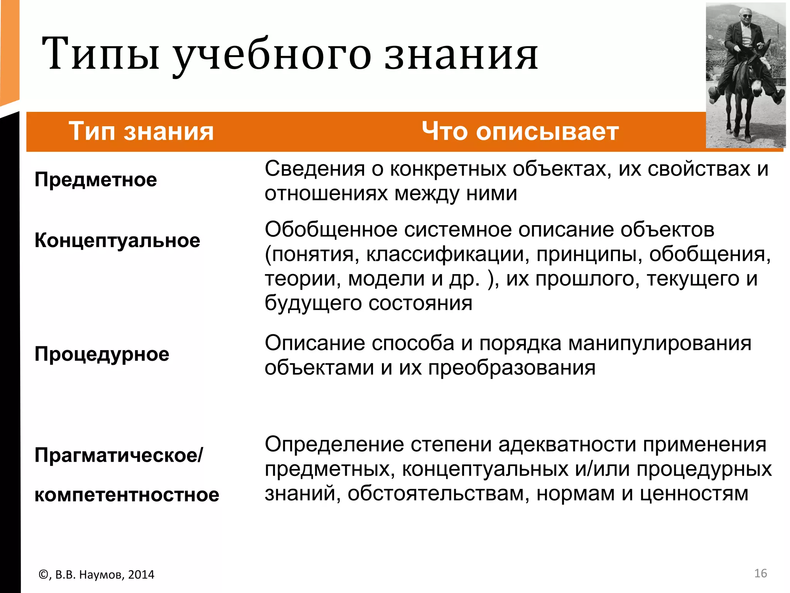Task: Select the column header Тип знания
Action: [141, 131]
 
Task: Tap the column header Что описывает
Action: [520, 131]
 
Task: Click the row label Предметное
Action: [96, 180]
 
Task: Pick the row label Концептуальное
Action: [117, 241]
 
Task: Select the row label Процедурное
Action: [102, 354]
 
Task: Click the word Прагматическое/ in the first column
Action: [118, 455]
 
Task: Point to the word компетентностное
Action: [127, 495]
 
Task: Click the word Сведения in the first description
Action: [315, 169]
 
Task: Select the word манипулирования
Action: [660, 343]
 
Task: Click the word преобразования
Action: [512, 368]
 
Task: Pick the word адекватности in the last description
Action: [567, 445]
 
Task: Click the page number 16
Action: [760, 573]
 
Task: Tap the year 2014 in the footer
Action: [141, 575]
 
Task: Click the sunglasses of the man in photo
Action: [746, 16]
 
